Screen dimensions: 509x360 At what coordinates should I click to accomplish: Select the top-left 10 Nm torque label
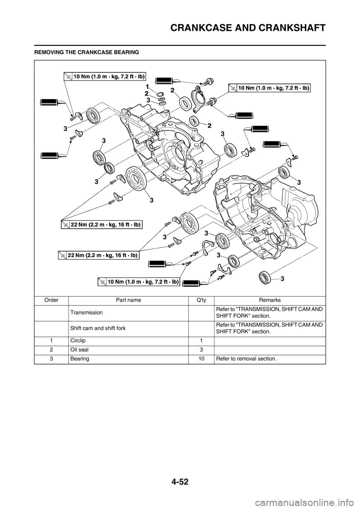[x=104, y=76]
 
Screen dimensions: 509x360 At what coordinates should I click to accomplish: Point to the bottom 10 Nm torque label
[x=138, y=281]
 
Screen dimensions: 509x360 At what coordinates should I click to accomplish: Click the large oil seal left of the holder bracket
[x=185, y=103]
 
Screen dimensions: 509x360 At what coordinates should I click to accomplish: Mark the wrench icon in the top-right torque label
[x=233, y=88]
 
